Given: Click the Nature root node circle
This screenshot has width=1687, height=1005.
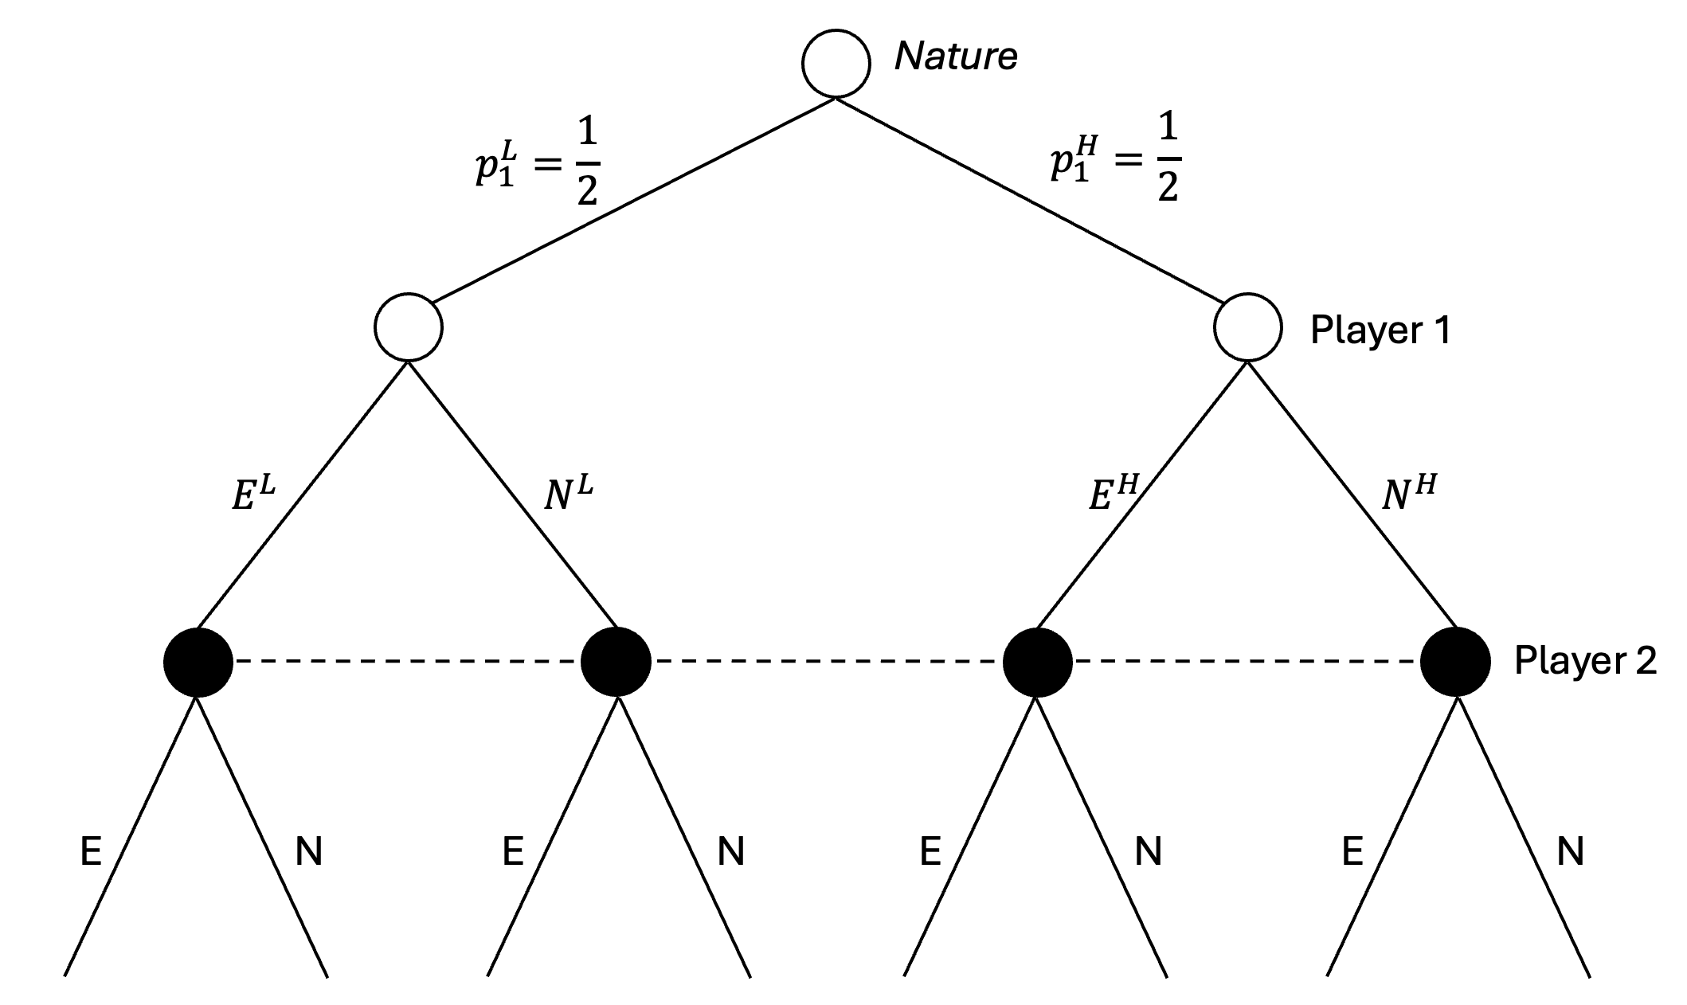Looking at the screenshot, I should click(x=836, y=65).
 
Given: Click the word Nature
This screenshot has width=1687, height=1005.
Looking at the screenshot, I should click(x=956, y=57).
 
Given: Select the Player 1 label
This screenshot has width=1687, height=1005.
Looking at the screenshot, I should click(x=1380, y=330).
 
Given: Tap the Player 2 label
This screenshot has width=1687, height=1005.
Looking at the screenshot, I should click(x=1585, y=660).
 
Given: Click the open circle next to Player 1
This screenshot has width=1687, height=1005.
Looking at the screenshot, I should click(x=1248, y=327).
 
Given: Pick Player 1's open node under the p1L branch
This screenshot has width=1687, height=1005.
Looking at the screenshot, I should click(x=409, y=327).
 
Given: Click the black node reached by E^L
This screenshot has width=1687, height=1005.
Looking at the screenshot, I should click(x=198, y=662).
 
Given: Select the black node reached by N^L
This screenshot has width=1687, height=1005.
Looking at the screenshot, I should click(x=616, y=662).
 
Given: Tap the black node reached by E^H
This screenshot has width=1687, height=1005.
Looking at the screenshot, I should click(x=1037, y=662).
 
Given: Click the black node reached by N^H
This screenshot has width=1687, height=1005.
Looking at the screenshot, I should click(x=1456, y=662).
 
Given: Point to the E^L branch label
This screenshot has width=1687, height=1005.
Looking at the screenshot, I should click(x=253, y=493).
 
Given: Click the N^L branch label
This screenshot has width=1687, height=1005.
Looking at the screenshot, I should click(x=569, y=493).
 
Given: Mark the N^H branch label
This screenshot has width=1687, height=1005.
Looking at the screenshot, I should click(x=1408, y=493).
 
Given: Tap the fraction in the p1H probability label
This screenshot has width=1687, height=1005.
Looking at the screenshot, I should click(x=1168, y=164).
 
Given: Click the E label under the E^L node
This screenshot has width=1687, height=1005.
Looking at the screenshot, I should click(x=92, y=852).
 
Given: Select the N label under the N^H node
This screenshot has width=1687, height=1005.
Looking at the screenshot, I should click(x=1570, y=852).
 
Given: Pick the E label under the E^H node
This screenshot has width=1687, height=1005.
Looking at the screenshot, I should click(x=930, y=852).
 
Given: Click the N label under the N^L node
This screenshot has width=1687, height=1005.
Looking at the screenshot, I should click(x=730, y=852).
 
